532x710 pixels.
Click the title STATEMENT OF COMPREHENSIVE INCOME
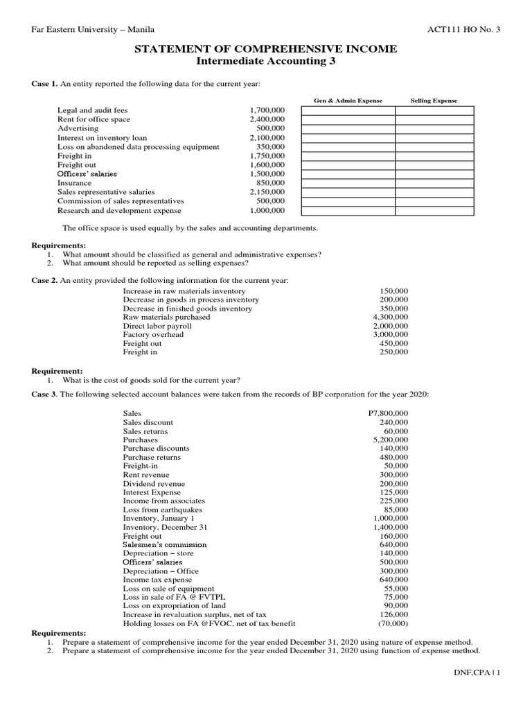tap(265, 49)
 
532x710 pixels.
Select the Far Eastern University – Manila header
tap(93, 29)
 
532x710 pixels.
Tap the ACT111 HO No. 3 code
tap(465, 29)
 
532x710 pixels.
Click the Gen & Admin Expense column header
tap(348, 101)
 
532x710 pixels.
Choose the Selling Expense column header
tap(434, 101)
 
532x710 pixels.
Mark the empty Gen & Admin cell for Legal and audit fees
tap(348, 111)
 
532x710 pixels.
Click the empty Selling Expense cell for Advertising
tap(434, 128)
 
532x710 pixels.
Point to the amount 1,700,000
tap(267, 111)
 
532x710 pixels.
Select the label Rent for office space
tap(94, 119)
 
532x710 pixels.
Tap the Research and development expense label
tap(119, 210)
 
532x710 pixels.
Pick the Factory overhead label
tap(153, 334)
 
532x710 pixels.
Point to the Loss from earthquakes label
tap(158, 510)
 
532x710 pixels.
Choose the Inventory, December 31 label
tap(165, 527)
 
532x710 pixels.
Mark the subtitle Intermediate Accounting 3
tap(265, 61)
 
